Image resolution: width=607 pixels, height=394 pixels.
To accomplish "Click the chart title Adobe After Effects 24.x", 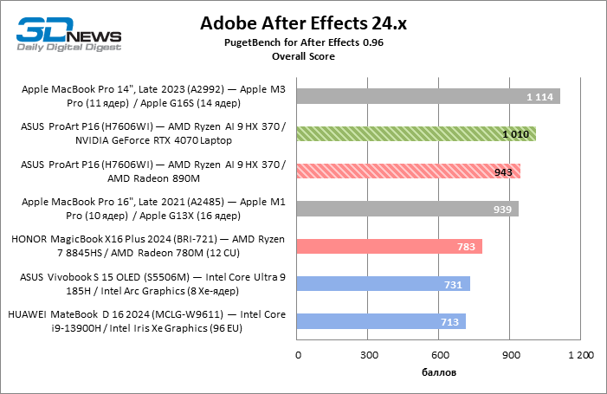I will tap(303, 23).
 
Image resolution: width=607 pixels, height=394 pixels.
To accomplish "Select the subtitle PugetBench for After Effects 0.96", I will tap(303, 42).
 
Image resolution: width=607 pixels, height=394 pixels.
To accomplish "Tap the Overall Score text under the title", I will tap(303, 55).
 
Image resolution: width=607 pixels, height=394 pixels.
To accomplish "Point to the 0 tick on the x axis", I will tap(298, 356).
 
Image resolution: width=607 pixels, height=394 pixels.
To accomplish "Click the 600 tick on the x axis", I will tap(439, 356).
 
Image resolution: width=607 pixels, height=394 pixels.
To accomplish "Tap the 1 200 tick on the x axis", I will tap(580, 356).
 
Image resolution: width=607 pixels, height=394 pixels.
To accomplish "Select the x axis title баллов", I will tap(439, 372).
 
